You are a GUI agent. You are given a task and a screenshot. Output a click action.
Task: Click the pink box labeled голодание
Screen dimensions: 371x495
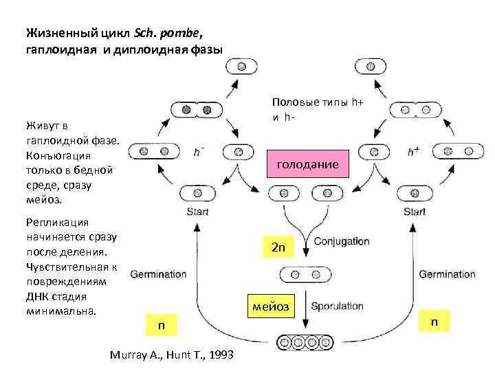tap(307, 165)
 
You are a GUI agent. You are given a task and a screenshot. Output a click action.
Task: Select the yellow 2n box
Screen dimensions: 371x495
tap(278, 247)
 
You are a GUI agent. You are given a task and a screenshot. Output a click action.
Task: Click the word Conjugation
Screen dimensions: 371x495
tap(342, 242)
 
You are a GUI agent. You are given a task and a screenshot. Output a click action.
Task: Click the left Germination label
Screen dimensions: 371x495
tap(157, 273)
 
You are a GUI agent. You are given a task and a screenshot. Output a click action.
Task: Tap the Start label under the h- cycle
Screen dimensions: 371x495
tap(197, 212)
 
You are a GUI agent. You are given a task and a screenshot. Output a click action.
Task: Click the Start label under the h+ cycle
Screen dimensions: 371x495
tap(415, 212)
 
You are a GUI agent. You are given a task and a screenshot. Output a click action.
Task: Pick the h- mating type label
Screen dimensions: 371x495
tap(199, 152)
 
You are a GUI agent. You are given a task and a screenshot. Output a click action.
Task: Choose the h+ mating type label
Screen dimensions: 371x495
tap(414, 152)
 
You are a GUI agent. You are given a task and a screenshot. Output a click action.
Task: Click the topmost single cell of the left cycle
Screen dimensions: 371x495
tap(242, 67)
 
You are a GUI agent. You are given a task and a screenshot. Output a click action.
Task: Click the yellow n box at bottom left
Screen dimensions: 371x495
tap(162, 325)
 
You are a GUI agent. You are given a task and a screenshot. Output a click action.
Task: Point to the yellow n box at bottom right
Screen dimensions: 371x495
tap(434, 322)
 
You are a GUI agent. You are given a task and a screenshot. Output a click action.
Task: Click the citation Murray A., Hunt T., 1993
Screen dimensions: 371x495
tap(172, 355)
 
